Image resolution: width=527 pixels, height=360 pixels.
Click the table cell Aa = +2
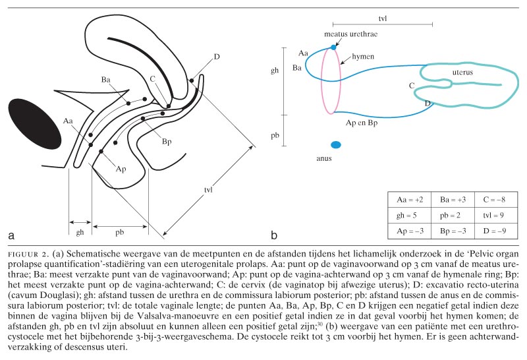[x=410, y=198]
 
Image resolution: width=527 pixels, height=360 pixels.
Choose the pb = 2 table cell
[x=451, y=214]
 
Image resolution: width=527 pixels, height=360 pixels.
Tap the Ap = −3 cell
[x=410, y=230]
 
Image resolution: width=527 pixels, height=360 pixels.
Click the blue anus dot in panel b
[x=336, y=144]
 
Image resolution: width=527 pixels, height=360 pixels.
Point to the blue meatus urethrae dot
[x=333, y=47]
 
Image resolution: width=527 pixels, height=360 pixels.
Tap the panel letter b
[x=274, y=234]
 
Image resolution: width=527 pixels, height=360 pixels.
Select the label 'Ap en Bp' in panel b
[x=362, y=123]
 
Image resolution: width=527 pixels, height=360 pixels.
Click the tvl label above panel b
[x=383, y=19]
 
